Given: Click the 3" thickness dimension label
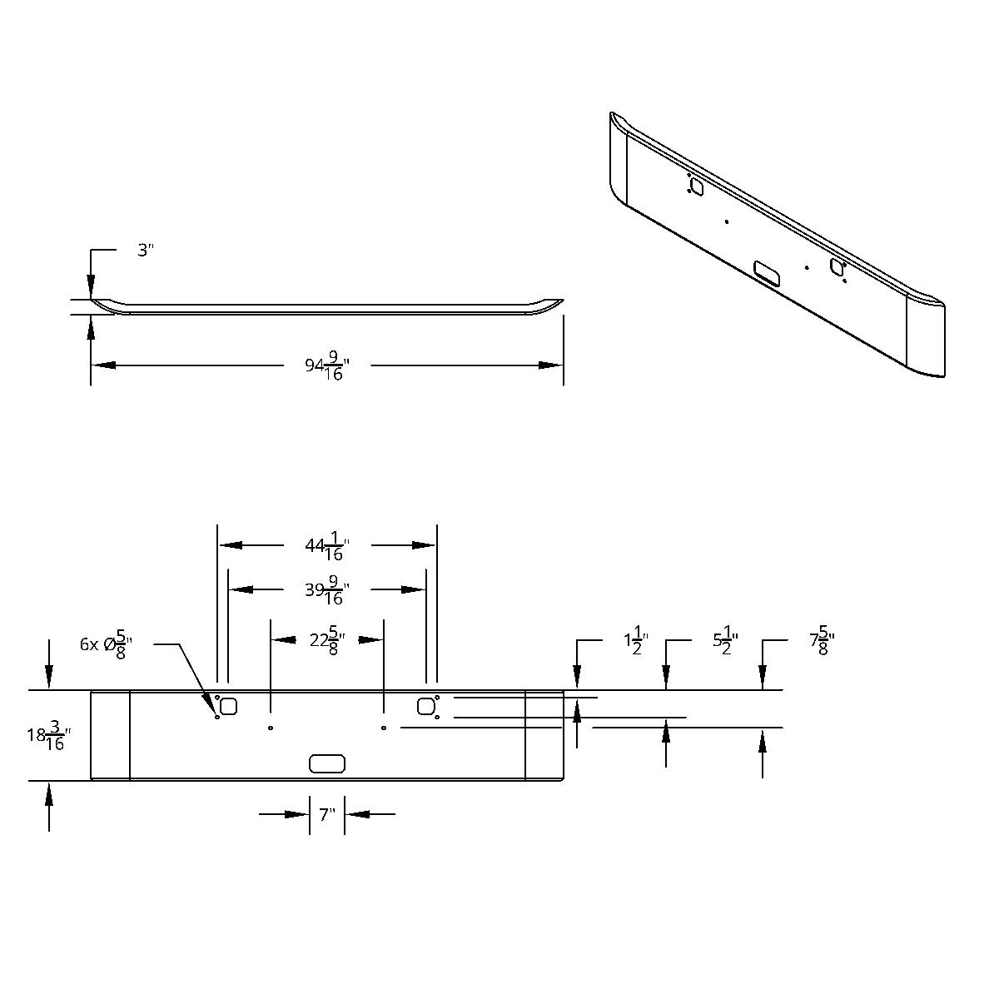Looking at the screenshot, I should click(x=147, y=251).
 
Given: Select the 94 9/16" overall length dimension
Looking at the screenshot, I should click(x=326, y=366).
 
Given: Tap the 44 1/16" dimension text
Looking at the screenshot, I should click(x=326, y=547).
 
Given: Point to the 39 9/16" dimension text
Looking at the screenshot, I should click(x=326, y=591).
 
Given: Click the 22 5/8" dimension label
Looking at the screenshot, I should click(x=326, y=641).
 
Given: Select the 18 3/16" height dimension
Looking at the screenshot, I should click(x=49, y=736).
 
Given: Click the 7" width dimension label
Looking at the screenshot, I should click(x=326, y=814).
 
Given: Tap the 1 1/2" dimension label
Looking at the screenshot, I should click(x=635, y=643).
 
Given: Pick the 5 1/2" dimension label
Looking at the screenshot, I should click(x=725, y=643).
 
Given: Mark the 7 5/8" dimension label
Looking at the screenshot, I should click(x=822, y=643).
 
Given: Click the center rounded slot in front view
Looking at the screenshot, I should click(x=326, y=763).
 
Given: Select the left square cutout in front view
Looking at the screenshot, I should click(x=228, y=707).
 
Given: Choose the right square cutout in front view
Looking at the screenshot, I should click(x=426, y=707).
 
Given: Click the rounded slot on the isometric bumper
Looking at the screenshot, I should click(x=766, y=271).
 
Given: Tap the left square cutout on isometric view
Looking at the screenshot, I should click(x=697, y=187).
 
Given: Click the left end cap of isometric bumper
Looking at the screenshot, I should click(x=619, y=158).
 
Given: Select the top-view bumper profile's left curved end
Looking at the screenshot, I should click(x=104, y=306).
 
